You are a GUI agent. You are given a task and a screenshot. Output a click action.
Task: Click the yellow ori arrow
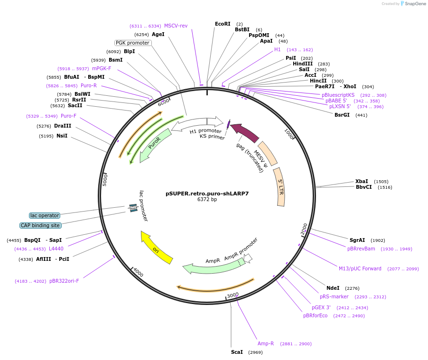(x=157, y=248)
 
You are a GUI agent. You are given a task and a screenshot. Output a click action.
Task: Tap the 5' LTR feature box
(x=280, y=186)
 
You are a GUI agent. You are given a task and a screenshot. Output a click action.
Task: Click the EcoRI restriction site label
(x=222, y=24)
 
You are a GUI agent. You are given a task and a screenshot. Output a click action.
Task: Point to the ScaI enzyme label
(x=237, y=352)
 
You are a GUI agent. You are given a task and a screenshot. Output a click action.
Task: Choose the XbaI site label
(x=362, y=181)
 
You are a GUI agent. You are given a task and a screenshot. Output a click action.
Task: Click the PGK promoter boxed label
(x=133, y=43)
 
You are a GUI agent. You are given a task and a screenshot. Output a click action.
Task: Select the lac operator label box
(x=45, y=215)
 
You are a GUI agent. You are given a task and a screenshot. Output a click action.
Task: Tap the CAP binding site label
(x=40, y=225)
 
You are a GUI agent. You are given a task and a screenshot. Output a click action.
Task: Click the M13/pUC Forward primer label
(x=360, y=268)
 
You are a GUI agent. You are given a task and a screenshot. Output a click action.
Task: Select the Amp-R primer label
(x=266, y=343)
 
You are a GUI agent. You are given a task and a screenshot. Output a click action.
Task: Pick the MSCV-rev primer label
(x=176, y=26)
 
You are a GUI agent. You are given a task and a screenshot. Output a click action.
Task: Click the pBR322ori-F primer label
(x=64, y=281)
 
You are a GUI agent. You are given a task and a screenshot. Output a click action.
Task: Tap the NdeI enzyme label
(x=333, y=288)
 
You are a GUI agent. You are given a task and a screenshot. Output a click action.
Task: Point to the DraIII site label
(x=63, y=126)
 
